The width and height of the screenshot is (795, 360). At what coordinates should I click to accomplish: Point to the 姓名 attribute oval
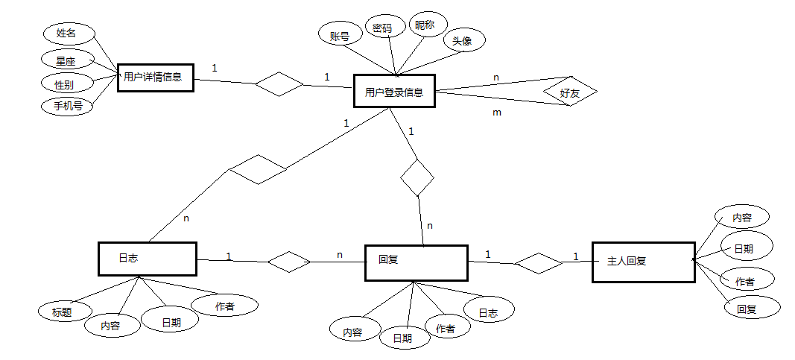pos(69,34)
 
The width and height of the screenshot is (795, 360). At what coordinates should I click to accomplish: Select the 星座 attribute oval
pos(66,60)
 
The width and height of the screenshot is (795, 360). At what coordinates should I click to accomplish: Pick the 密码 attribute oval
pos(386,28)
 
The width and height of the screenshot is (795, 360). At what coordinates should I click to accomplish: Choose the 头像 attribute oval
pos(464,40)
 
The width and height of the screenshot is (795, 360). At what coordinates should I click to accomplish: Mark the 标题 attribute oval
pos(65,312)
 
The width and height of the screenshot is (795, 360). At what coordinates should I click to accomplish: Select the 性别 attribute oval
pos(68,83)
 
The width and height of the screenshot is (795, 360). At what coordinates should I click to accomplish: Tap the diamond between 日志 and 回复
pos(289,262)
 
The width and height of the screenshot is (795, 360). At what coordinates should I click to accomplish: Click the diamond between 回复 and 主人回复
pos(538,263)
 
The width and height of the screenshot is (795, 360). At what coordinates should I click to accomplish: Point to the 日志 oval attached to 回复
pos(489,312)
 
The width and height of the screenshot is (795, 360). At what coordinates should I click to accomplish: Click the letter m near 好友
pos(497,113)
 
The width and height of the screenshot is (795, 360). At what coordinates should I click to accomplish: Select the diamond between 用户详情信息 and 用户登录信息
pos(279,84)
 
